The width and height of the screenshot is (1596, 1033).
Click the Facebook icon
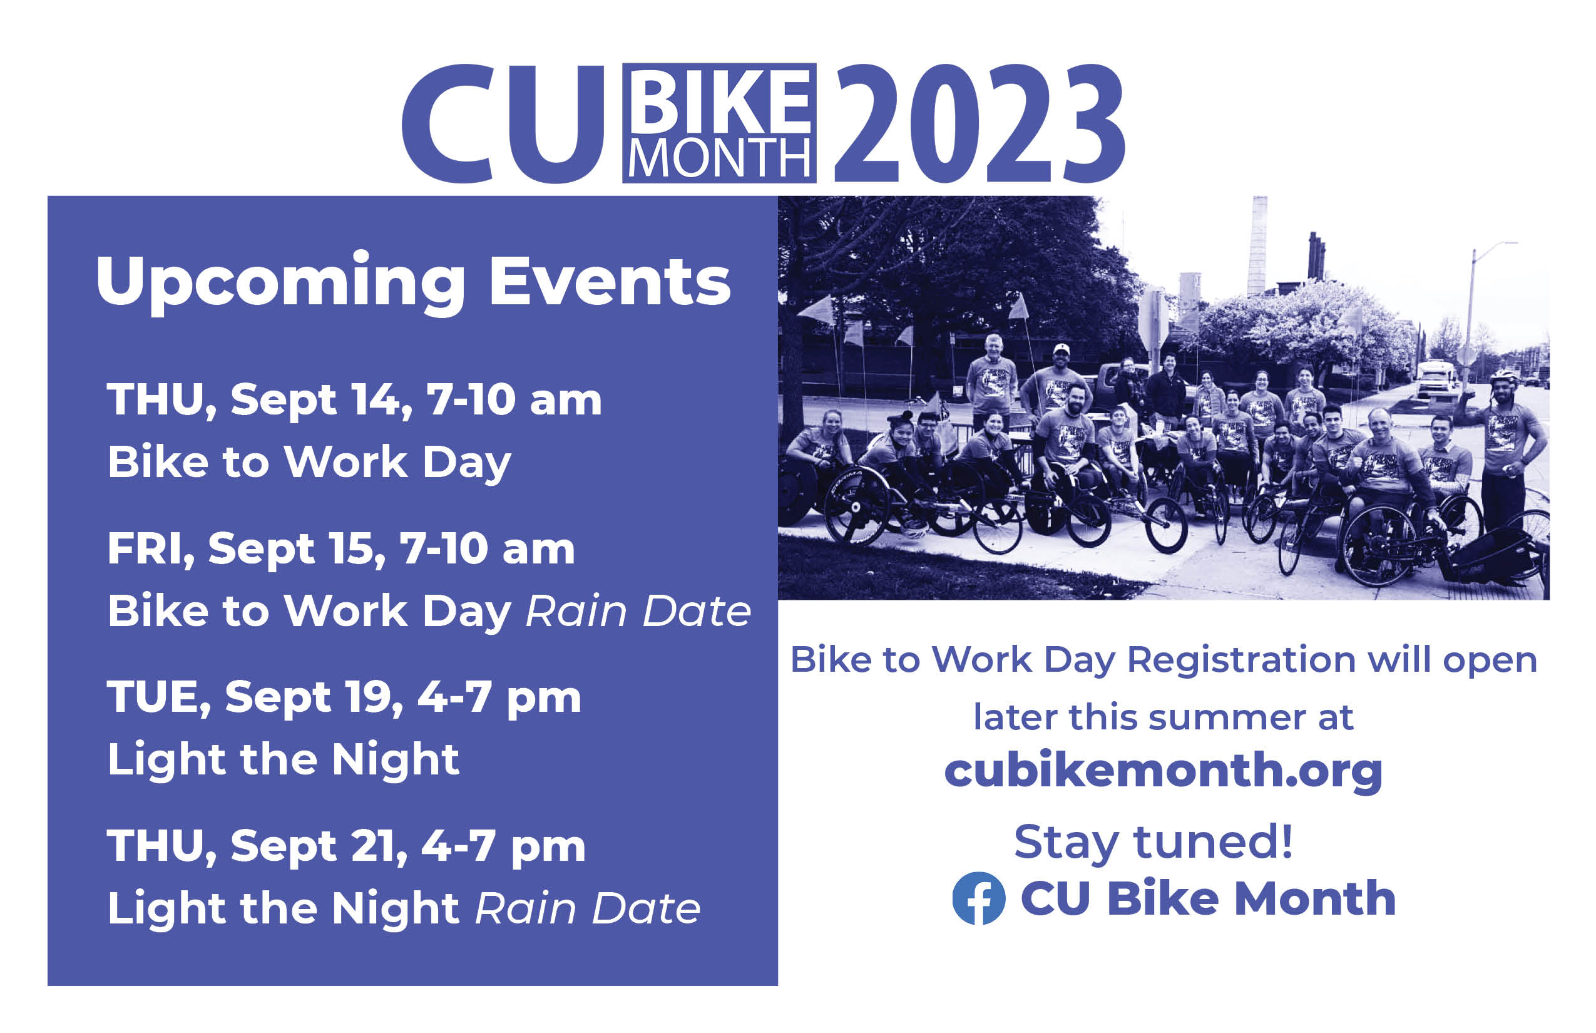[x=978, y=898]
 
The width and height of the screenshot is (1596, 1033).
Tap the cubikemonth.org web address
[x=1164, y=771]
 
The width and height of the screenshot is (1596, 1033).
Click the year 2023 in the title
[x=979, y=123]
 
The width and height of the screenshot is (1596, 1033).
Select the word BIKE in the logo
[x=720, y=101]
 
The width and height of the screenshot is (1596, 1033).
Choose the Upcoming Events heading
[x=413, y=283]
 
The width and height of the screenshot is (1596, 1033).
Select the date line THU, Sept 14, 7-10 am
[x=354, y=401]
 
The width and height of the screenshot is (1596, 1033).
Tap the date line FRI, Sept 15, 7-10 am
[x=341, y=550]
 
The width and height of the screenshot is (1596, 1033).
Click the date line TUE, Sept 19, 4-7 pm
[x=344, y=698]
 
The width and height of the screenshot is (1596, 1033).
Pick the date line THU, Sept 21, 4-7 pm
[x=346, y=846]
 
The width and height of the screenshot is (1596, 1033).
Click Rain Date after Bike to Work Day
[x=638, y=611]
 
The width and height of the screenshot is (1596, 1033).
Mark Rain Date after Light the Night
[x=588, y=908]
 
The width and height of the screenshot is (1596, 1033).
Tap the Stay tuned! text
[x=1154, y=843]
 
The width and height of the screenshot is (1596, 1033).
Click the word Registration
[x=1241, y=660]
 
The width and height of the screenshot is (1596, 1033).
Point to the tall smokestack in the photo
[x=1257, y=246]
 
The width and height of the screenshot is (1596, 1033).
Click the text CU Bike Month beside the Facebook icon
[x=1209, y=898]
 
